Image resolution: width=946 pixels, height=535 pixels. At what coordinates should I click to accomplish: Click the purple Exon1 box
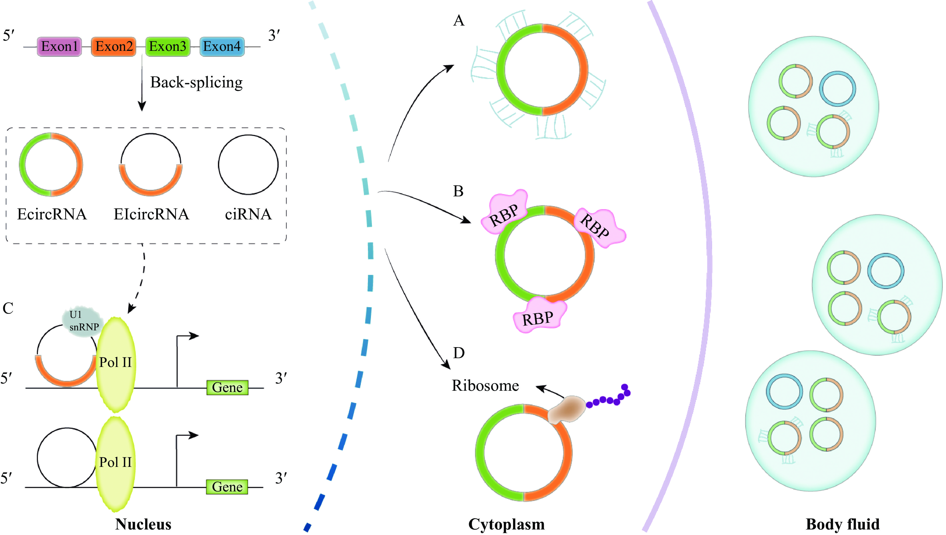59,47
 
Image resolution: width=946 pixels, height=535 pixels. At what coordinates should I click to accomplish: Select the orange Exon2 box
113,47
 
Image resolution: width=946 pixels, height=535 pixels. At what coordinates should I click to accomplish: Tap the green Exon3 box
168,47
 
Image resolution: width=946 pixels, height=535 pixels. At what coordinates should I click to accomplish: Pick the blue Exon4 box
222,47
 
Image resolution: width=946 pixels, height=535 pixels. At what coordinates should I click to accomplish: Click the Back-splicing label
196,83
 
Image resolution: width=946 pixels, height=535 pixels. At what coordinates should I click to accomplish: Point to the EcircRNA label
52,214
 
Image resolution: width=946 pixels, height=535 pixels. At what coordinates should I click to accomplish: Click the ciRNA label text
248,214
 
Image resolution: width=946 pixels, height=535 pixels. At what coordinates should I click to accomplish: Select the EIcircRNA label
151,214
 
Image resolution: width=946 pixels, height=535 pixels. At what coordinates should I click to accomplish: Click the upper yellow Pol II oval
116,364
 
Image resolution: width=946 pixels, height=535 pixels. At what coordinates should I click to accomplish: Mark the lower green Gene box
227,487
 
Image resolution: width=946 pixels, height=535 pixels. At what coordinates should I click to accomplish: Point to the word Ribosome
485,386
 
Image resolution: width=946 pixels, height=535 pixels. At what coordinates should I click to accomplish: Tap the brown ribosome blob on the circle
567,409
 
